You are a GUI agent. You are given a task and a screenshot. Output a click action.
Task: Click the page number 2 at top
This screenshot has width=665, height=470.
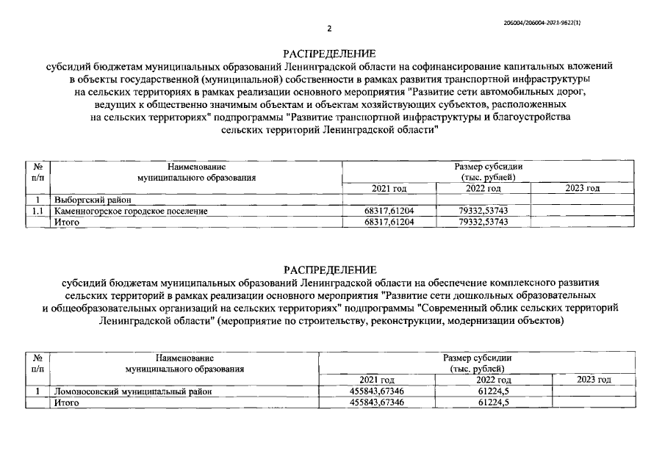pyautogui.click(x=330, y=29)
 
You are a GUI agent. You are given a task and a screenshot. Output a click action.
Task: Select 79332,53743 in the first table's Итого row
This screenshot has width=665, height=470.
pyautogui.click(x=483, y=222)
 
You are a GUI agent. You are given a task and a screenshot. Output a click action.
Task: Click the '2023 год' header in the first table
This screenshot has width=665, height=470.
pyautogui.click(x=583, y=189)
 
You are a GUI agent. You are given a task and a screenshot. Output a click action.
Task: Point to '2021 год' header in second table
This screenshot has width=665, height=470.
pyautogui.click(x=378, y=380)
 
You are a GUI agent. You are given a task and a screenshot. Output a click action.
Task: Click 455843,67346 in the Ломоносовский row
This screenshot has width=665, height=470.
pyautogui.click(x=377, y=391)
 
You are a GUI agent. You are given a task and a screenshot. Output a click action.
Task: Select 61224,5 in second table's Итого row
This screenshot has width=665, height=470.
pyautogui.click(x=493, y=402)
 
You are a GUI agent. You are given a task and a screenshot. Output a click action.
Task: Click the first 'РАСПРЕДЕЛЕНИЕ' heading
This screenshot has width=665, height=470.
pyautogui.click(x=329, y=54)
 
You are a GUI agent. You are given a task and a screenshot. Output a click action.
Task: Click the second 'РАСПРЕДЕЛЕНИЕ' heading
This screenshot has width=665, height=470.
pyautogui.click(x=329, y=269)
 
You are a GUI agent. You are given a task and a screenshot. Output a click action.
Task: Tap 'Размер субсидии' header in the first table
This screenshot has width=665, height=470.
pyautogui.click(x=489, y=167)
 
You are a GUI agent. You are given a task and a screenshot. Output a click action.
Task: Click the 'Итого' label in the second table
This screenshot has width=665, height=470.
pyautogui.click(x=67, y=402)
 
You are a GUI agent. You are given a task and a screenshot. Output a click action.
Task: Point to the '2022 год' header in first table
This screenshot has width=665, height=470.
pyautogui.click(x=483, y=189)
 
